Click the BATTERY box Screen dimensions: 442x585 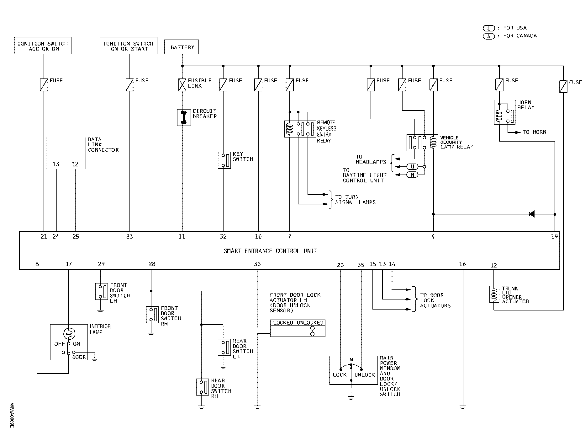click(182, 47)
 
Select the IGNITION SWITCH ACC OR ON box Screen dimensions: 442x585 click(43, 46)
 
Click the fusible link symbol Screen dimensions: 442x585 click(182, 85)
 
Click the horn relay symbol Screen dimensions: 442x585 click(504, 112)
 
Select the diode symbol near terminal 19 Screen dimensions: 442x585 click(531, 214)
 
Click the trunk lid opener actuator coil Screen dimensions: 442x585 click(494, 294)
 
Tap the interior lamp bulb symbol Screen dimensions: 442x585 click(69, 333)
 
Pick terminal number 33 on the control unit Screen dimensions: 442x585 click(129, 237)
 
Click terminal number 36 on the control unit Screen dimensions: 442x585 click(257, 264)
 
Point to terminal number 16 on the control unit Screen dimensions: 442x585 click(462, 264)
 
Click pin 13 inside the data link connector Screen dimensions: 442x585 click(56, 164)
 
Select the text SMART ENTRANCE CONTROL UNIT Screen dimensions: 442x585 click(271, 251)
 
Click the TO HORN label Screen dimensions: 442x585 click(535, 132)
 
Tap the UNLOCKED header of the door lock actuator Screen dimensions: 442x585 click(310, 323)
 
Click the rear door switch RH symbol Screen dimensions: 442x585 click(202, 387)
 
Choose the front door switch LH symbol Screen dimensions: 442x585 click(101, 292)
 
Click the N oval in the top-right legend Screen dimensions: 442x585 click(488, 36)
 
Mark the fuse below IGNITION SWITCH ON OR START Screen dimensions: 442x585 click(129, 85)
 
